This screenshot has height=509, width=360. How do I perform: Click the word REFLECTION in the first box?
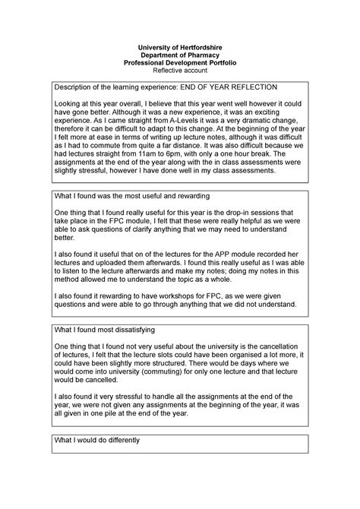pyautogui.click(x=248, y=88)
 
